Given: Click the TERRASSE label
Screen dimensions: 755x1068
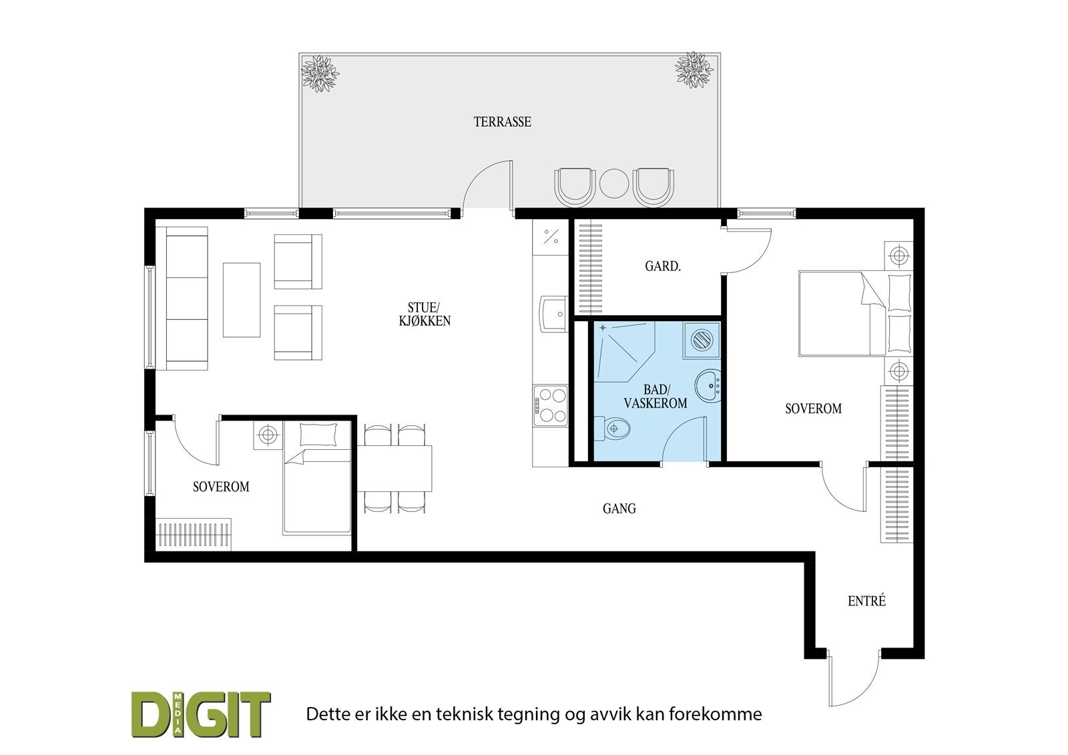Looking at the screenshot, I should (x=502, y=122).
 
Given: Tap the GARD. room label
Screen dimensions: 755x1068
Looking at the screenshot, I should (x=662, y=266).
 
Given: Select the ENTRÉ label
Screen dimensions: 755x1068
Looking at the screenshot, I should (x=866, y=601).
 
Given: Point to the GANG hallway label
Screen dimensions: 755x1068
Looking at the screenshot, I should (x=619, y=509).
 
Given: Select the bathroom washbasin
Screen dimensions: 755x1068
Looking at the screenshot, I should (x=708, y=386).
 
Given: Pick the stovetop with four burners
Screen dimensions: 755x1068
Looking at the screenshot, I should (x=550, y=405).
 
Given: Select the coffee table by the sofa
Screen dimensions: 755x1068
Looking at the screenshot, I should (x=241, y=300).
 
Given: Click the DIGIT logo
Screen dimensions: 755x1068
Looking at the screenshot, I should (x=200, y=714).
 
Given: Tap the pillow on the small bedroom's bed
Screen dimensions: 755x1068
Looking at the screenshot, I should (x=318, y=435).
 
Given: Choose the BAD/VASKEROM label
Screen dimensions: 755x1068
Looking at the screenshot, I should (x=655, y=397).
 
